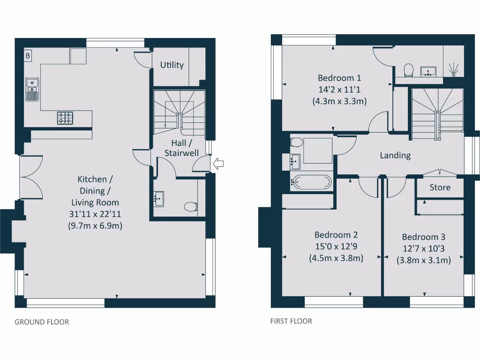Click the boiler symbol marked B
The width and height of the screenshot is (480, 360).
[x=28, y=56]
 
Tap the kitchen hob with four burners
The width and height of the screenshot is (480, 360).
[x=65, y=118]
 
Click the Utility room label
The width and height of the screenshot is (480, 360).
[x=172, y=65]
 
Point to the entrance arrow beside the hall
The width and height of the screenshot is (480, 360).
[x=218, y=164]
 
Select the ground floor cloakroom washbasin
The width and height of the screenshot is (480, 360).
[x=158, y=198]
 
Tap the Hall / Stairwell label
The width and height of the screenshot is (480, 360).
[x=181, y=148]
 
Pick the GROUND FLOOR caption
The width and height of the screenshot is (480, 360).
[x=42, y=322]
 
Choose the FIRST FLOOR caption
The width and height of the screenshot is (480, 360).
[x=291, y=321]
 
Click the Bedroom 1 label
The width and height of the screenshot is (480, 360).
[x=339, y=78]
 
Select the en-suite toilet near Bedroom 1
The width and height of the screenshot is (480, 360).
[x=408, y=70]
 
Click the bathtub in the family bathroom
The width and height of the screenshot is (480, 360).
[x=311, y=181]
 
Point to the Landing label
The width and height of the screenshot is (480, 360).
[x=395, y=155]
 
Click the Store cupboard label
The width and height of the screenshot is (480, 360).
[x=440, y=187]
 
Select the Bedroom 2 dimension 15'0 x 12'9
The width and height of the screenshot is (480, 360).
[x=336, y=247]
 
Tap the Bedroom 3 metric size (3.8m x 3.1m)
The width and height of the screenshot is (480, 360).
[x=424, y=260]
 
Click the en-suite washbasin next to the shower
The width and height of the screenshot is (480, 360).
[x=429, y=71]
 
